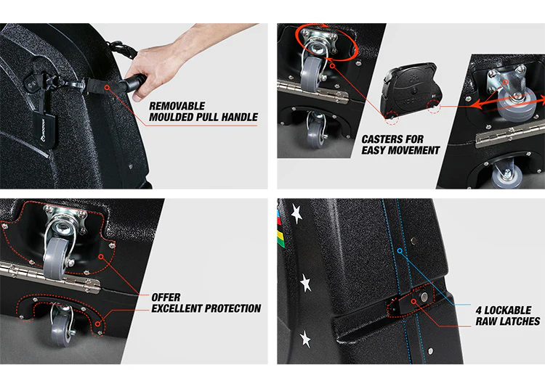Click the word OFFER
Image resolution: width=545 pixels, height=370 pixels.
[x=166, y=297]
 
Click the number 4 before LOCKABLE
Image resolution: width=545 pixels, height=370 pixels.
[x=478, y=310]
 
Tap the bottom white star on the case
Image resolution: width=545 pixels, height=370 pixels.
[x=305, y=338]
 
